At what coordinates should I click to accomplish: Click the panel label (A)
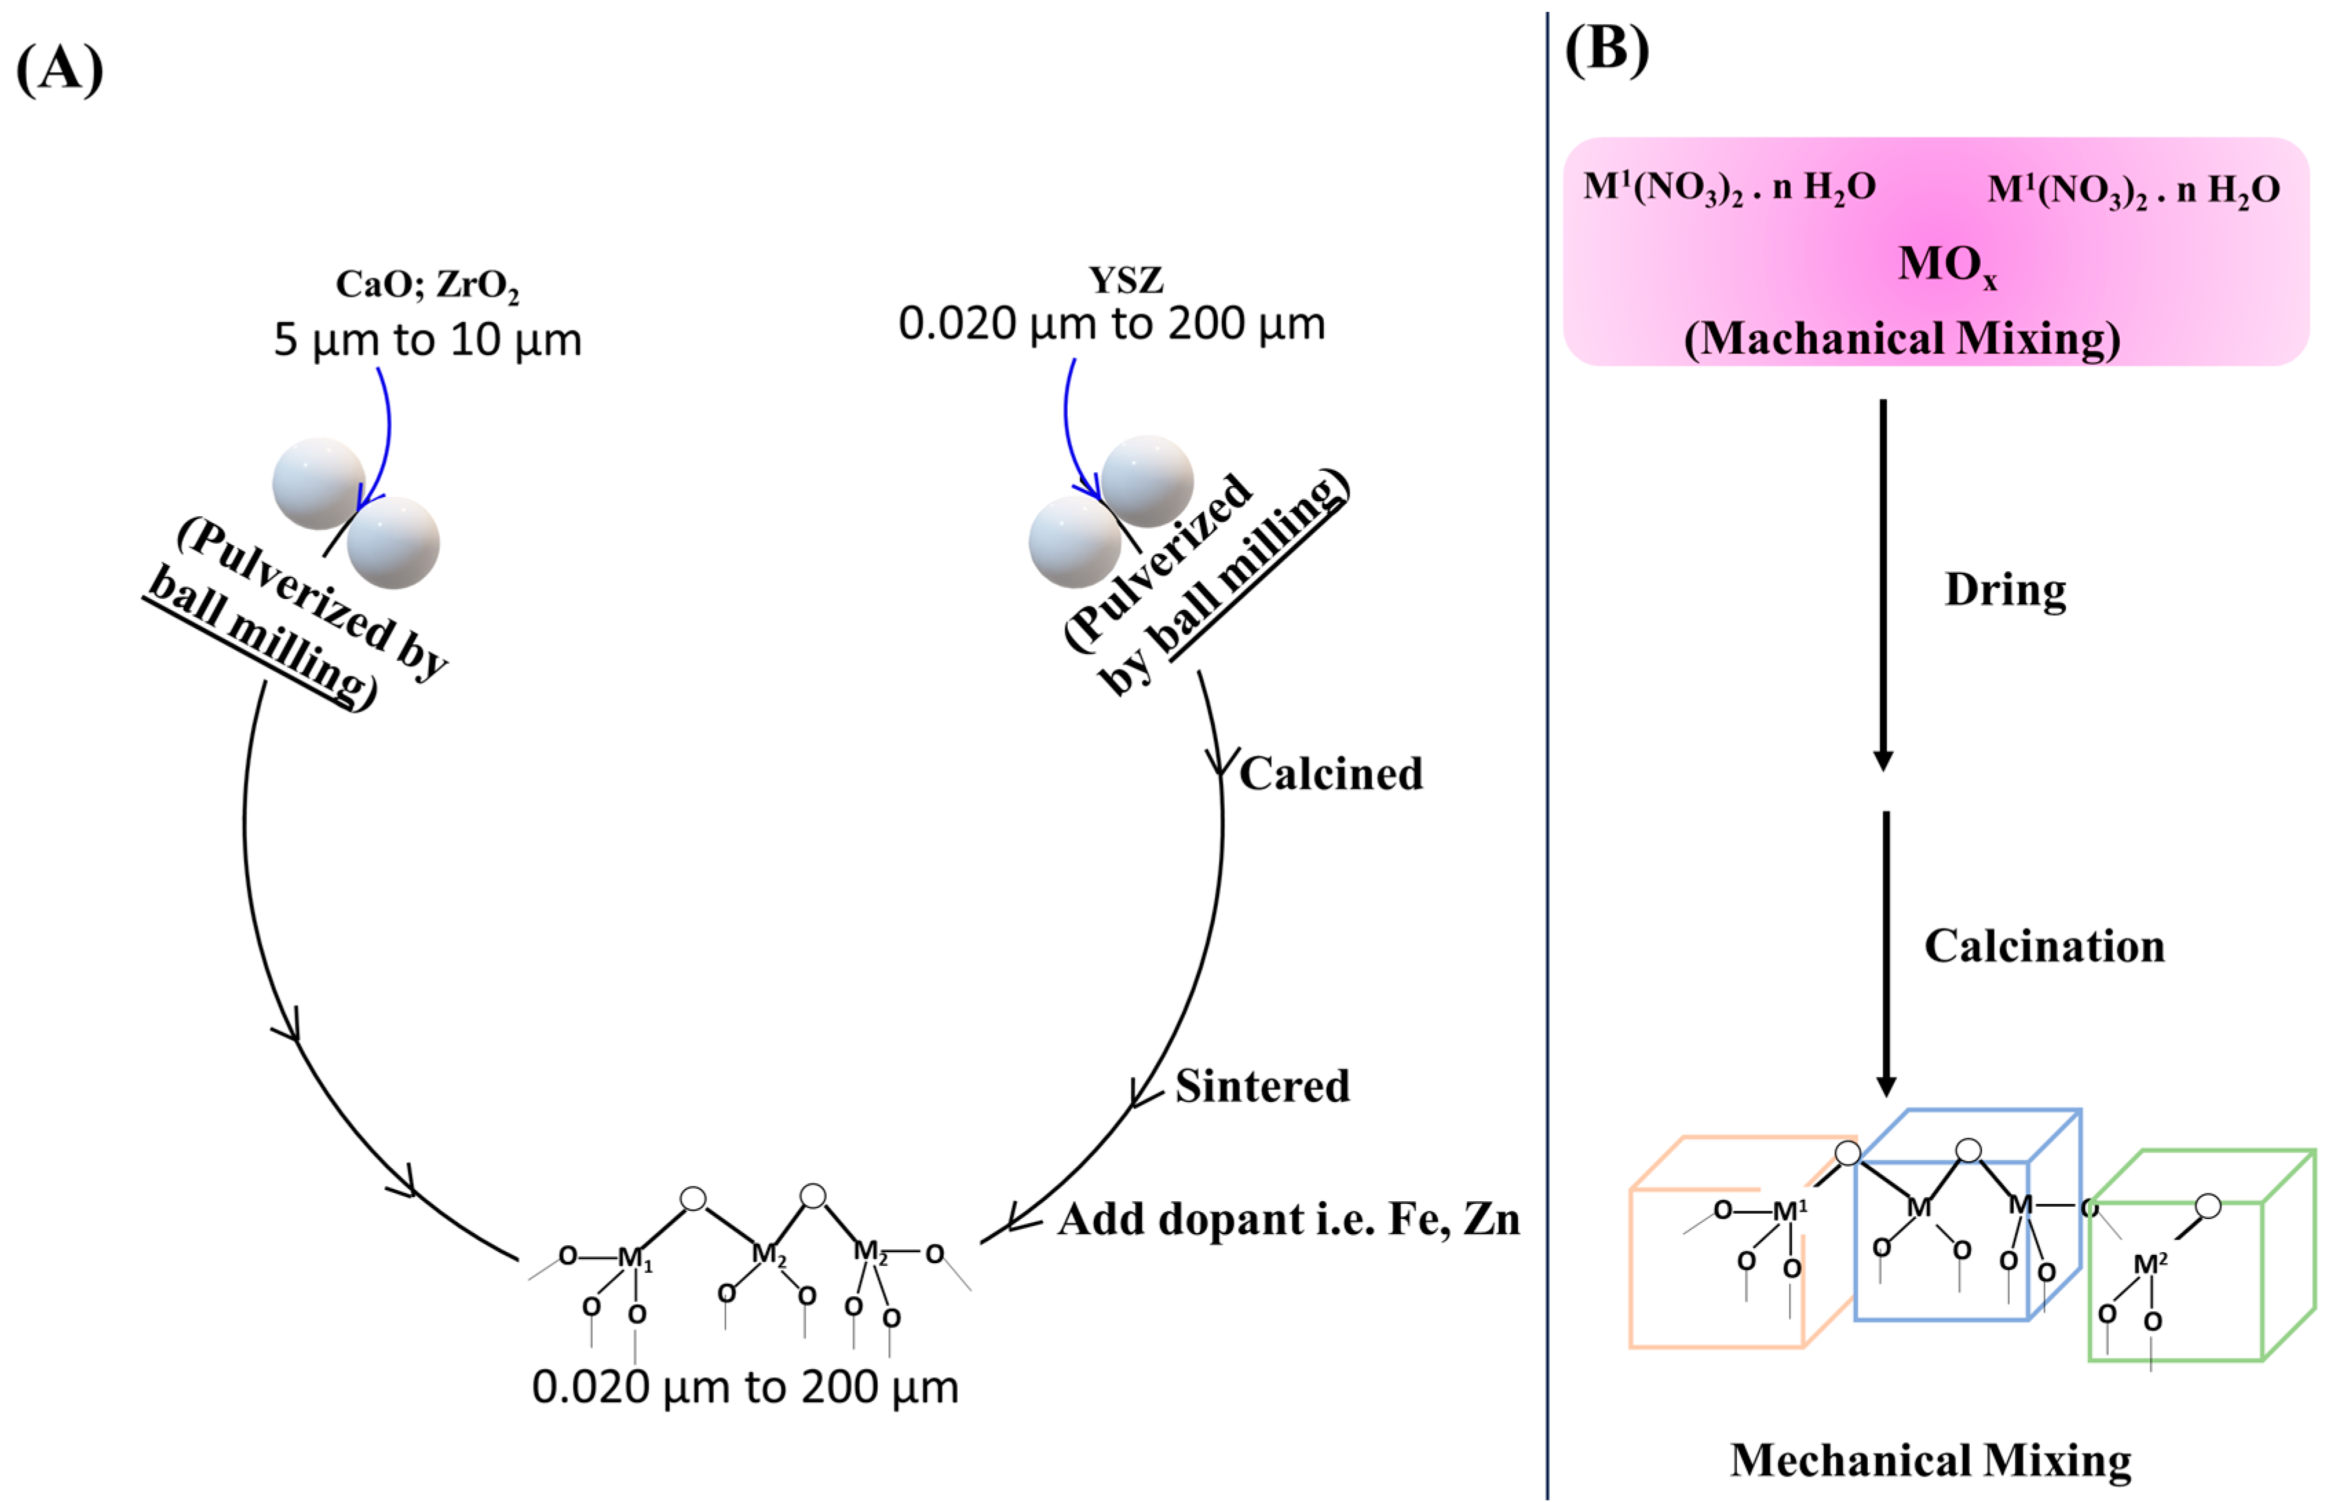61,68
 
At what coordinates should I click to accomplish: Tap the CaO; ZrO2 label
428,284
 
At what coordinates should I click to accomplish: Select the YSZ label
1126,280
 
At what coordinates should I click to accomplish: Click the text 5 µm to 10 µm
428,339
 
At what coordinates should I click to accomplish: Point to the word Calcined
1330,774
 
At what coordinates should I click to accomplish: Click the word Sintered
1262,1086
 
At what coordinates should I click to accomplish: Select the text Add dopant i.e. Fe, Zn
1288,1219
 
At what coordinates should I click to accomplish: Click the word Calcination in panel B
2044,946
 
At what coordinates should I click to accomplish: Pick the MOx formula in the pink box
1946,264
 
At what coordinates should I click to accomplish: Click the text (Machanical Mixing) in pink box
1902,339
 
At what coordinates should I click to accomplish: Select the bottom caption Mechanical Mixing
1930,1460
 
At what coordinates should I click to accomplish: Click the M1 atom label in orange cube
1789,1212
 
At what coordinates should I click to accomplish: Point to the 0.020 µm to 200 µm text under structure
745,1387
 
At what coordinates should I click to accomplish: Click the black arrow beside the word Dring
1884,585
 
